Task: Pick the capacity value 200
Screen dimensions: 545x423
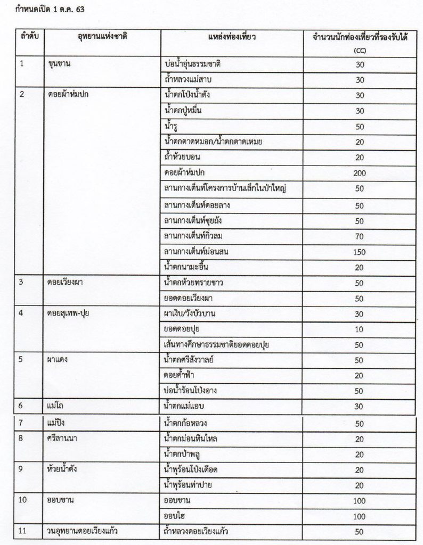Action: (359, 173)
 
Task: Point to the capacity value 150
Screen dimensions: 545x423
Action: (359, 251)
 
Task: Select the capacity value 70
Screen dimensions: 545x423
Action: (359, 236)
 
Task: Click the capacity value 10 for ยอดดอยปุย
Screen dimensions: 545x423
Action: (359, 329)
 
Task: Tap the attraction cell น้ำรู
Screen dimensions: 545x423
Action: (173, 126)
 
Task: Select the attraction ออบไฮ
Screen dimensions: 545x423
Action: (176, 516)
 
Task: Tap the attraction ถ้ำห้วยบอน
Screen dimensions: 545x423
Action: (183, 158)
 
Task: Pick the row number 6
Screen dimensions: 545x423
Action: (22, 407)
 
